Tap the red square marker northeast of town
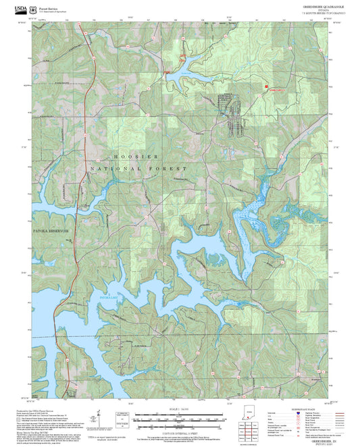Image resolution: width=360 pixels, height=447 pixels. point(267,86)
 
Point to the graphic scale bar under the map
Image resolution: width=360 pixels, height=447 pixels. point(179,418)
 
